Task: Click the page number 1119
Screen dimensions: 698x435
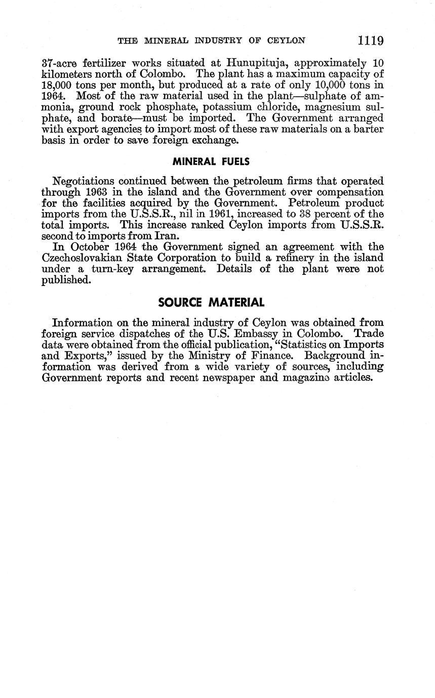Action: (370, 40)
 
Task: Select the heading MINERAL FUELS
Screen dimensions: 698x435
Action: (211, 162)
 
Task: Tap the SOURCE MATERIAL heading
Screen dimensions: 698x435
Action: (211, 303)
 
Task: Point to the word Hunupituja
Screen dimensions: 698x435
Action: (257, 63)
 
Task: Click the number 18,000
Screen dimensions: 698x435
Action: (57, 86)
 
